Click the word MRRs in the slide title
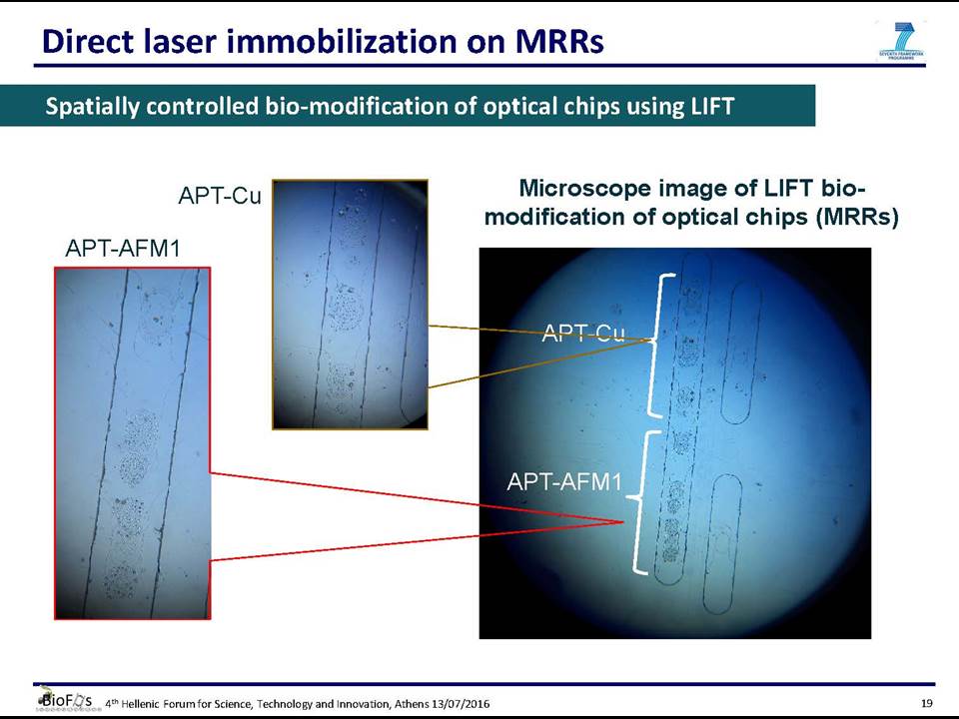coord(559,42)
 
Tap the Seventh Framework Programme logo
coord(901,42)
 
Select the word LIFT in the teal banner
coord(712,107)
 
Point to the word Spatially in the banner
coord(92,107)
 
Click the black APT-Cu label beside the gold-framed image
coord(220,196)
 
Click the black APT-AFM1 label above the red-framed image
coord(122,249)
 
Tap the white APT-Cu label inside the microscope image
coord(582,333)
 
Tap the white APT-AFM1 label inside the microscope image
coord(563,481)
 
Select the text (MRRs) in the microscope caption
coord(857,217)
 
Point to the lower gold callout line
coord(539,364)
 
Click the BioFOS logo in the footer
coord(66,701)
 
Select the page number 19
coord(927,703)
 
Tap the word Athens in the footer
coord(411,704)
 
